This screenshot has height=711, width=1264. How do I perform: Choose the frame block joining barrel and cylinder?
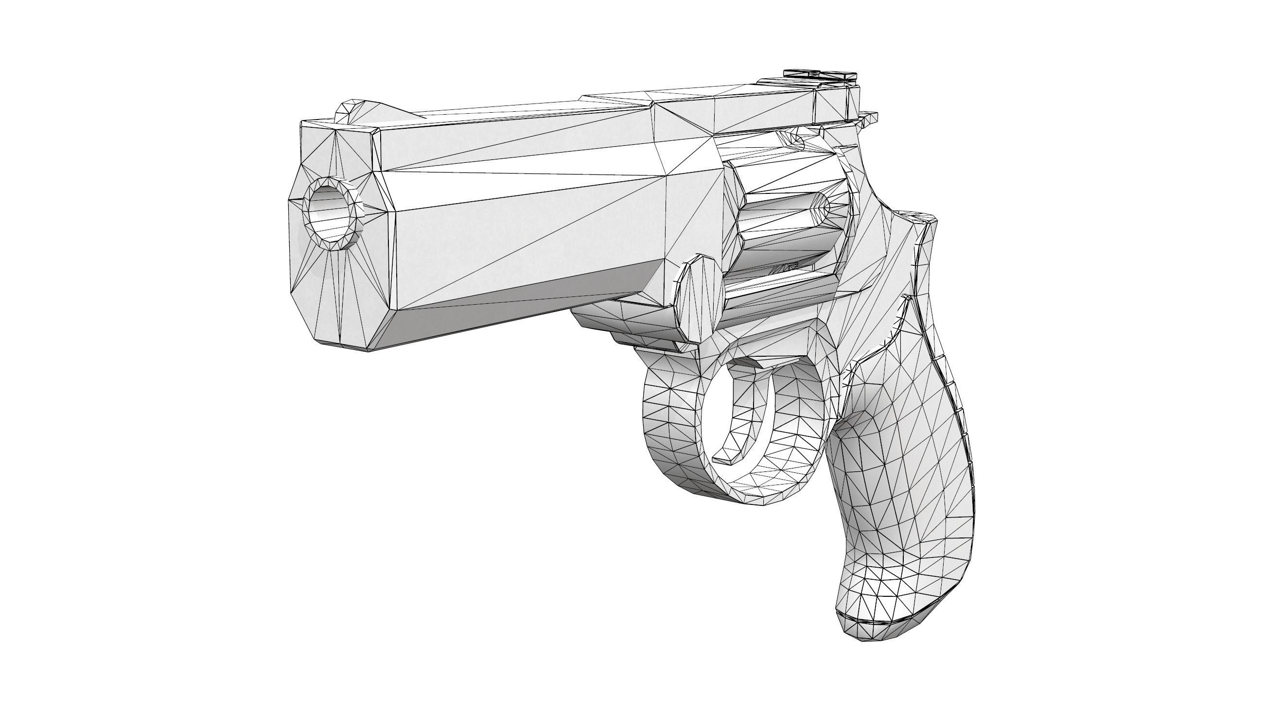[692, 162]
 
